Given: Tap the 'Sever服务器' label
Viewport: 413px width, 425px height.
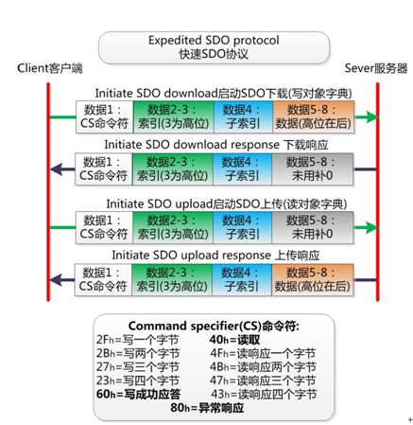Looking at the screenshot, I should tap(376, 68).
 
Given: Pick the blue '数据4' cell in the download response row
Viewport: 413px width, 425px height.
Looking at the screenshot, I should tap(242, 169).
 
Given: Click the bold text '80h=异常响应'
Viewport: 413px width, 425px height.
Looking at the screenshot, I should tap(208, 409).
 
